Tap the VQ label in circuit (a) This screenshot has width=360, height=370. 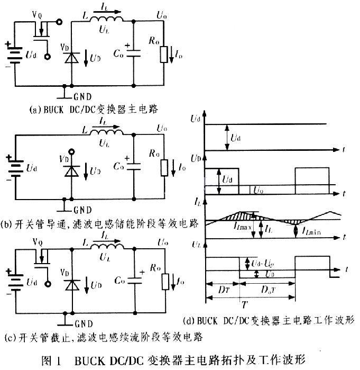[x=36, y=15]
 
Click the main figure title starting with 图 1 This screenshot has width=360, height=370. [x=180, y=360]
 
